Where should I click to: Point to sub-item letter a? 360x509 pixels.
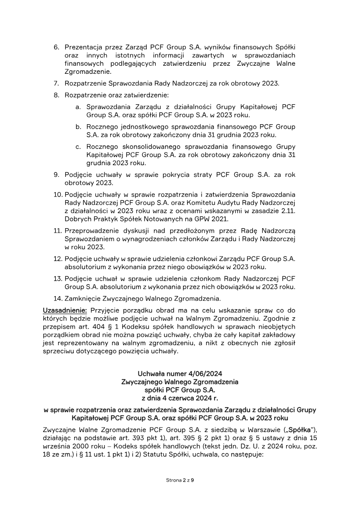coord(78,107)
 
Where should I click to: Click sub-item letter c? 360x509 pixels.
coord(78,147)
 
